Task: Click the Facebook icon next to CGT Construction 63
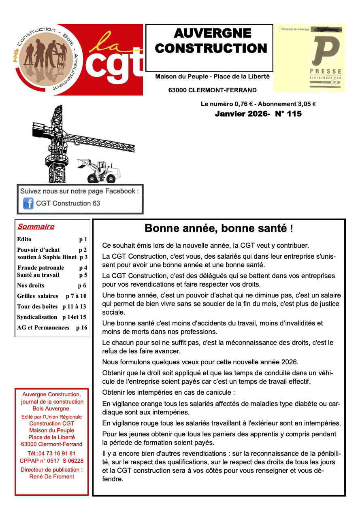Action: point(28,203)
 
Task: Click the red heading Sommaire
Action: point(36,227)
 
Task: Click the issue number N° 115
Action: point(288,114)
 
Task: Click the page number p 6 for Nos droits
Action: point(82,285)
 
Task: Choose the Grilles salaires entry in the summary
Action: point(38,296)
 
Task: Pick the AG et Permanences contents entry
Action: point(43,327)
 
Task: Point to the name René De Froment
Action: point(52,476)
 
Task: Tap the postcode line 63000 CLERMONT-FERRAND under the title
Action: point(212,90)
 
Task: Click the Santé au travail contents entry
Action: point(38,275)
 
